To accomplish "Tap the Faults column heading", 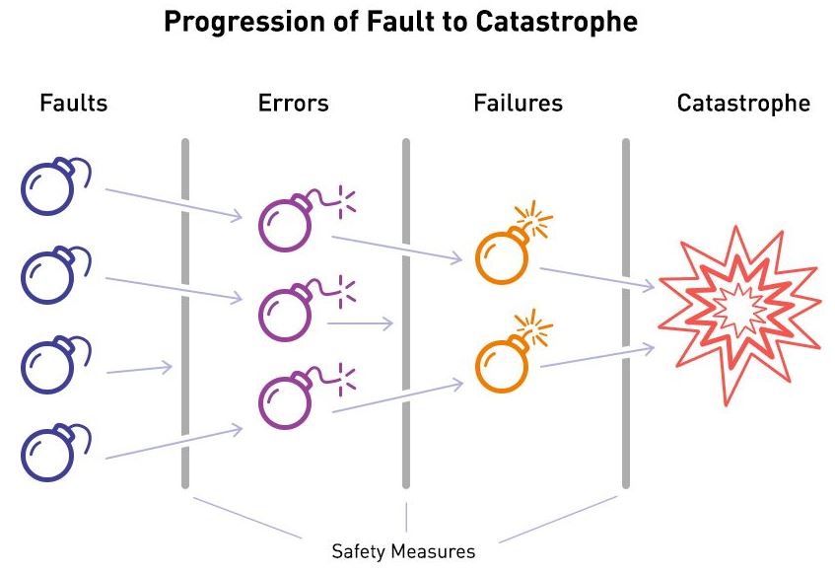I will coord(73,103).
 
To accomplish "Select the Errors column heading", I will coord(293,103).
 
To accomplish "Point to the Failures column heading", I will coord(518,103).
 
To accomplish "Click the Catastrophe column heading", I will coord(743,103).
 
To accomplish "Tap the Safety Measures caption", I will coord(403,550).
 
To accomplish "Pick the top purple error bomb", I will coord(286,224).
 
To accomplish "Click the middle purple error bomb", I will coord(286,314).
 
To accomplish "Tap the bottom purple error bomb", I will coord(286,400).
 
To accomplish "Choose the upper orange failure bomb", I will coord(502,255).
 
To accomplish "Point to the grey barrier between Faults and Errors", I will coord(185,314).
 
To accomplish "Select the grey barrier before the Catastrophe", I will coord(625,314).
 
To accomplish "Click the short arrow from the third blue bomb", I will coord(139,370).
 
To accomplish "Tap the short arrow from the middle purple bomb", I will coord(360,322).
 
